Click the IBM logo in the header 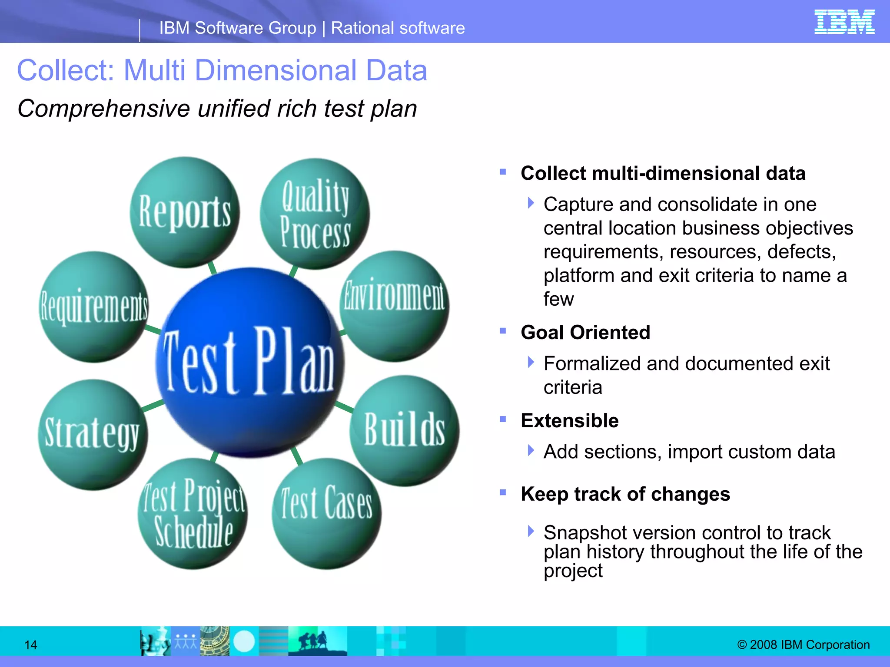pos(844,22)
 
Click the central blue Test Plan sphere pos(249,363)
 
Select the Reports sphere pos(185,212)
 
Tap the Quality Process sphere pos(315,214)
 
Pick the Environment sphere pos(394,306)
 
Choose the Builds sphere pos(404,430)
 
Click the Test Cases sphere pos(326,513)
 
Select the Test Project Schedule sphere pos(193,514)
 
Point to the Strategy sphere pos(93,434)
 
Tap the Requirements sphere pos(94,307)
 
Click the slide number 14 pos(30,645)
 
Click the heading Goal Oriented pos(585,333)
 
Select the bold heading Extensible pos(569,421)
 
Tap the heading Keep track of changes pos(625,494)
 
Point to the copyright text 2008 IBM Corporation pos(804,644)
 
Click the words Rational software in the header pos(398,28)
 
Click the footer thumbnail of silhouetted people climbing pos(317,641)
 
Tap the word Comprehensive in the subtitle pos(103,109)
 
